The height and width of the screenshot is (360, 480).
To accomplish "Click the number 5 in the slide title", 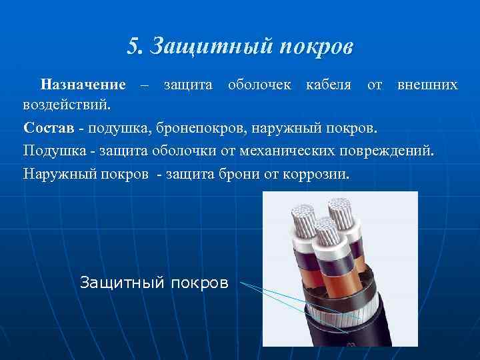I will [133, 46].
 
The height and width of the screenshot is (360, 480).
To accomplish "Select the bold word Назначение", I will [83, 85].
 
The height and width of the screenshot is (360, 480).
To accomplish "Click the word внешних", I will [427, 85].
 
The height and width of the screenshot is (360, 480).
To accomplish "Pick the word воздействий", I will [67, 105].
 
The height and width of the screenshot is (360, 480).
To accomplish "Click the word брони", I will [245, 173].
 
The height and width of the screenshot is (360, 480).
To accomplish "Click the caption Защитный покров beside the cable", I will [154, 282].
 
